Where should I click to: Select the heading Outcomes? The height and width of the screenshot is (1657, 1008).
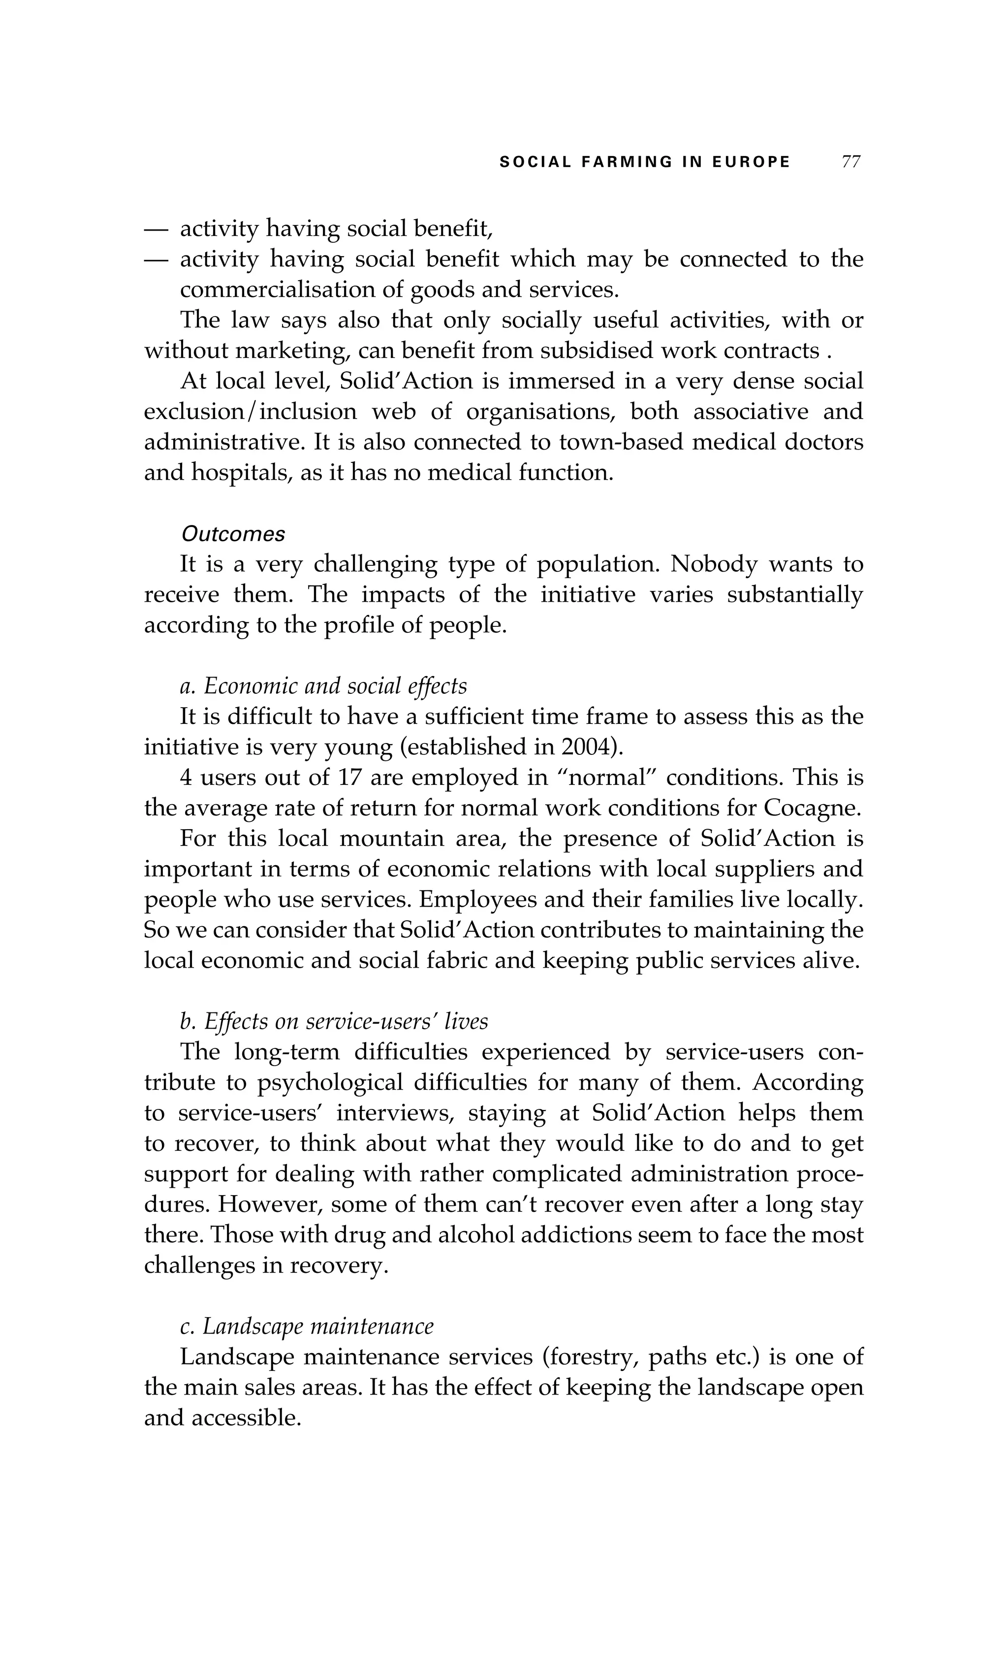tap(233, 534)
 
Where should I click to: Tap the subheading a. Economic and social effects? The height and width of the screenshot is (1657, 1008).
tap(323, 686)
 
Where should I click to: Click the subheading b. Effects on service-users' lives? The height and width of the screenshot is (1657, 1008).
tap(334, 1021)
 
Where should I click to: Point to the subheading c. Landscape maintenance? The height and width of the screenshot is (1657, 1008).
tap(307, 1326)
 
